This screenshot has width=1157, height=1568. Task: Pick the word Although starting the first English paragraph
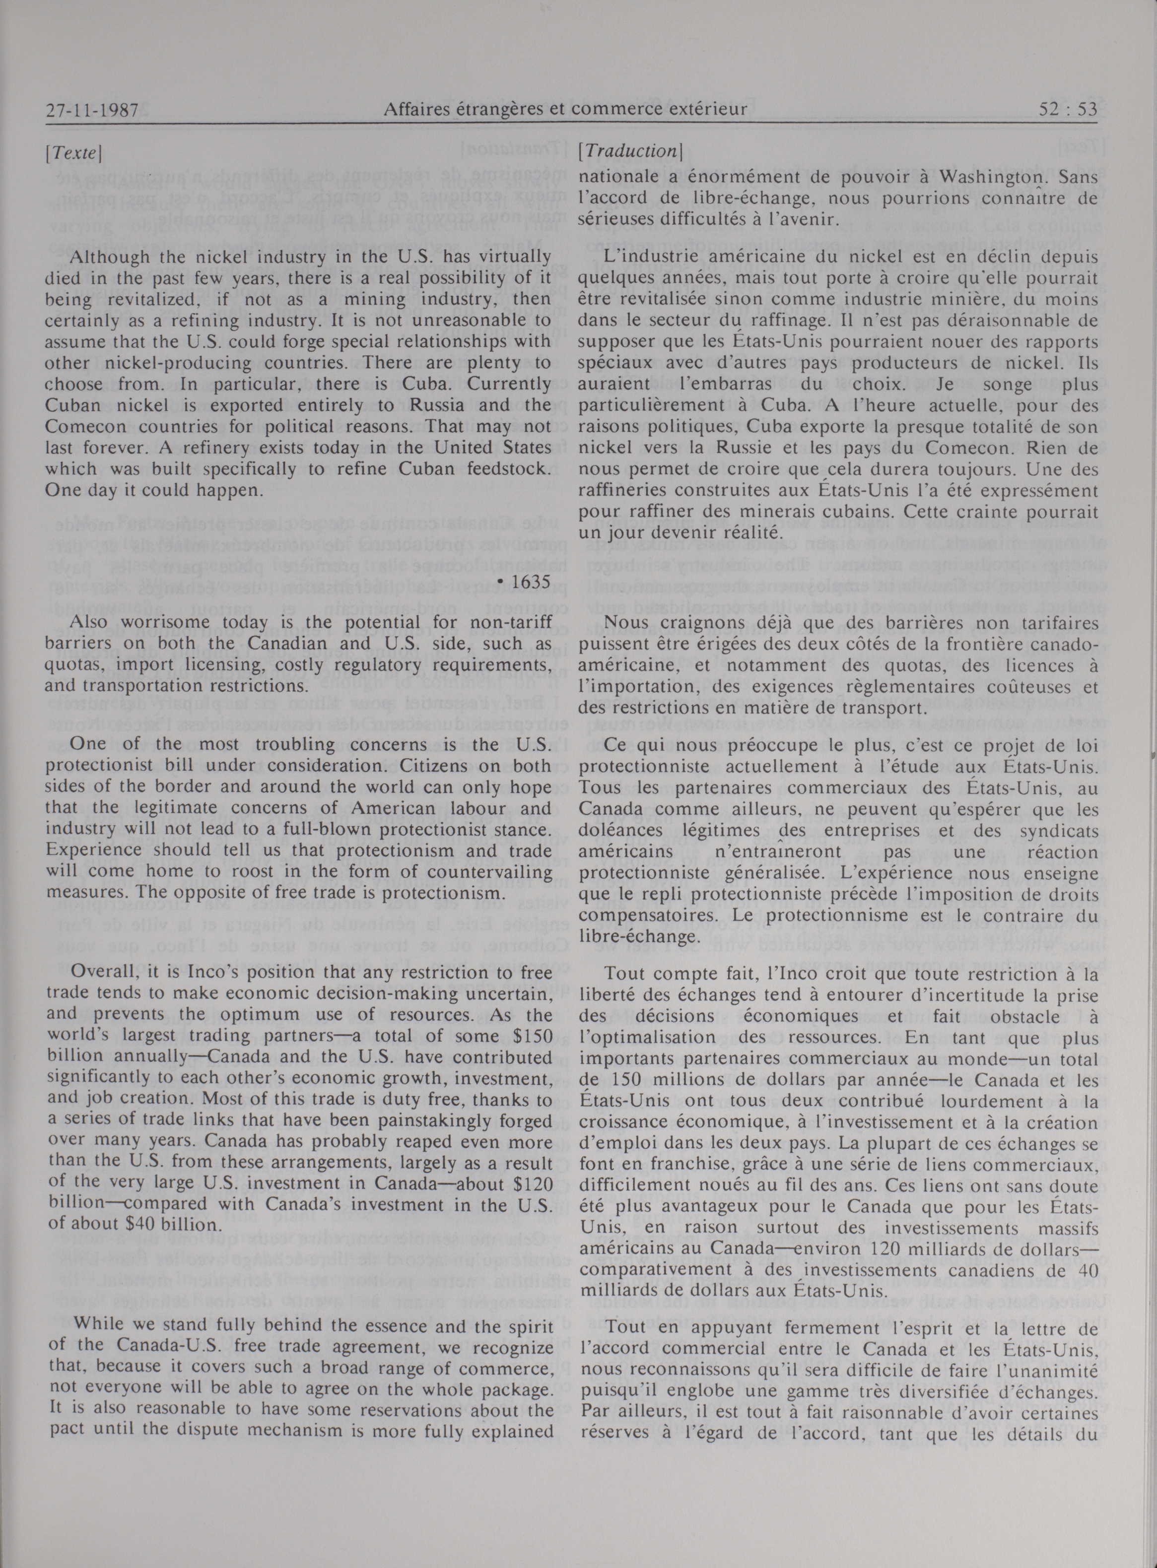coord(109,257)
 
